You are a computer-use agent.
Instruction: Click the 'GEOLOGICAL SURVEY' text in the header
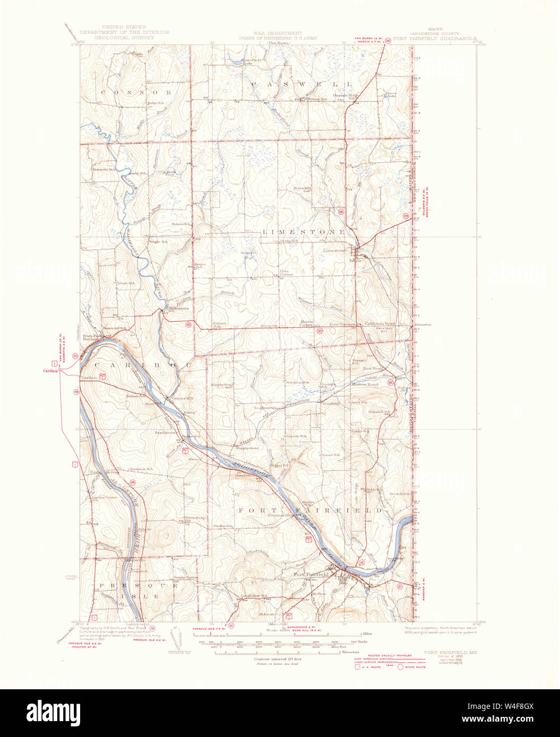(x=124, y=38)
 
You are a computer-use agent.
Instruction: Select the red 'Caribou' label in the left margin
(x=50, y=371)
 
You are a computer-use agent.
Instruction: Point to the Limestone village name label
(x=335, y=250)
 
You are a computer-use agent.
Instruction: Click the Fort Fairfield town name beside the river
(x=312, y=574)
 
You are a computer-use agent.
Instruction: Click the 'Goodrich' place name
(x=331, y=403)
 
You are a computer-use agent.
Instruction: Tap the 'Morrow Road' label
(x=367, y=384)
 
